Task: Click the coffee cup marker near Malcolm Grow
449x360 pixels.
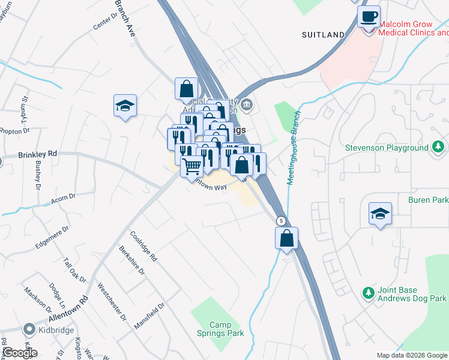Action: (x=369, y=16)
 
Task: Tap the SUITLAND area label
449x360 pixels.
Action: (x=323, y=35)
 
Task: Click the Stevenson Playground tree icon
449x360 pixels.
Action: (x=439, y=147)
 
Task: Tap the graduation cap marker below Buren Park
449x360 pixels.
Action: (x=380, y=214)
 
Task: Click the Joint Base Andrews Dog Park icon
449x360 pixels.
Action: (x=369, y=293)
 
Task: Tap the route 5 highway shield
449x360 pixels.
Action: (x=280, y=220)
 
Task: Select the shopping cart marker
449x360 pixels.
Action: (x=192, y=167)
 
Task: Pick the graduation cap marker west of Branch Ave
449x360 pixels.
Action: (x=125, y=106)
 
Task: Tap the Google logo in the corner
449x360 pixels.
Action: (x=19, y=353)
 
